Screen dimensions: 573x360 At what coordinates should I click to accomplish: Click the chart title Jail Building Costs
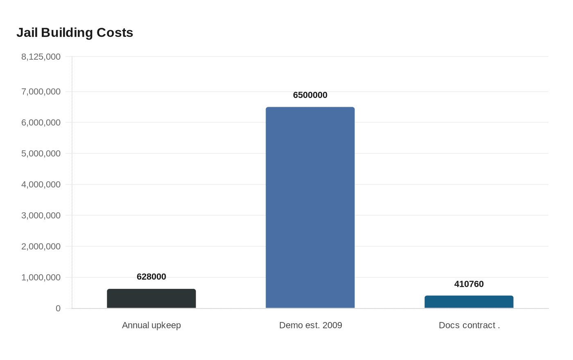pyautogui.click(x=74, y=33)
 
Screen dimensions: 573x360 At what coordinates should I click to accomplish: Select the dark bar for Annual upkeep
pyautogui.click(x=151, y=298)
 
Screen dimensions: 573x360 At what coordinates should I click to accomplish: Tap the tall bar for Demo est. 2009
pyautogui.click(x=310, y=207)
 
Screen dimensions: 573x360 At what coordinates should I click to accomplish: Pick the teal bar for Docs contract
pyautogui.click(x=469, y=302)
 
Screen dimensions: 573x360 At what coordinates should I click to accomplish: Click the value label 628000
pyautogui.click(x=151, y=277)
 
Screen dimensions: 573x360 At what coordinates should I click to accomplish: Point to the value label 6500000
pyautogui.click(x=310, y=95)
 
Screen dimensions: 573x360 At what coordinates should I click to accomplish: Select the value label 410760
pyautogui.click(x=469, y=284)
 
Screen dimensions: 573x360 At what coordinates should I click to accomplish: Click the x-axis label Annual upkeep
pyautogui.click(x=151, y=325)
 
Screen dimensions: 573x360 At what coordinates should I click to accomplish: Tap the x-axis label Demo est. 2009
pyautogui.click(x=311, y=325)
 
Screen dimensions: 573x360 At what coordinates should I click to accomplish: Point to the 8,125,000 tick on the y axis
pyautogui.click(x=41, y=57)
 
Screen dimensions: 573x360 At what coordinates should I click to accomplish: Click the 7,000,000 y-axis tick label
pyautogui.click(x=41, y=92)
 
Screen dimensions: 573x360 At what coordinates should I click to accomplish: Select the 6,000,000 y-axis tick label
pyautogui.click(x=41, y=122)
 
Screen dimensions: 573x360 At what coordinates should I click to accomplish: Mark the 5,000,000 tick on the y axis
pyautogui.click(x=41, y=153)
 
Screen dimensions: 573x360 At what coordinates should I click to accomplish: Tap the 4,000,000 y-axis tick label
pyautogui.click(x=41, y=184)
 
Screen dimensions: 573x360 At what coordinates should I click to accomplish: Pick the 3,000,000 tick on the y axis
pyautogui.click(x=41, y=215)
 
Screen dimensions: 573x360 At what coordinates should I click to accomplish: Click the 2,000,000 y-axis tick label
pyautogui.click(x=41, y=246)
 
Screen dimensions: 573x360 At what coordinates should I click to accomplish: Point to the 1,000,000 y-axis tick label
pyautogui.click(x=41, y=277)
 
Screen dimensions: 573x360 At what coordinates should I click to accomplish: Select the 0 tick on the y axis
pyautogui.click(x=58, y=308)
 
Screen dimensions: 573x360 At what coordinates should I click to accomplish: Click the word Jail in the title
pyautogui.click(x=27, y=33)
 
